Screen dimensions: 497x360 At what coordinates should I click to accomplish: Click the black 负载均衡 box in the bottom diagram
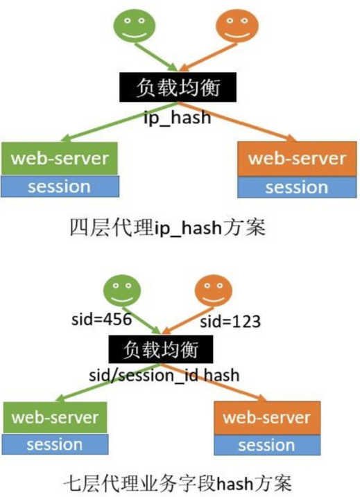[x=159, y=348]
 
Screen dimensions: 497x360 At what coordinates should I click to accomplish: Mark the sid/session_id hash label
[x=164, y=375]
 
